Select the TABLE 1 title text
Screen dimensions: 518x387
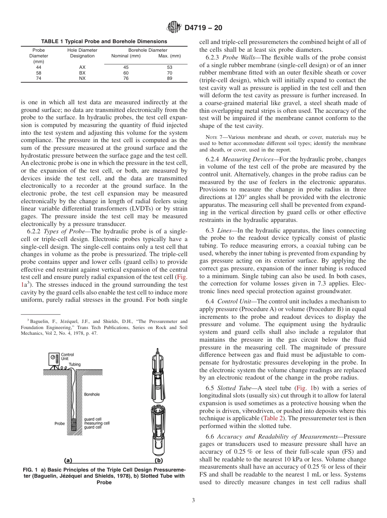[104, 42]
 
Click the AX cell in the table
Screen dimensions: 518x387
[82, 67]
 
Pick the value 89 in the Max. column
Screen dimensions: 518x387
[169, 79]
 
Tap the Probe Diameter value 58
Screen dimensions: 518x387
[39, 73]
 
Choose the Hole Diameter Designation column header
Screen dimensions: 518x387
[82, 53]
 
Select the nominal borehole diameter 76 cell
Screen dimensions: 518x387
[125, 79]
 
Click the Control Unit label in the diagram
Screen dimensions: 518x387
[67, 357]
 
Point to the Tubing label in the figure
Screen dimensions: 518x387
[75, 364]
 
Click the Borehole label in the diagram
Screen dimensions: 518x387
[92, 394]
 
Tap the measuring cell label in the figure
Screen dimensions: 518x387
[97, 423]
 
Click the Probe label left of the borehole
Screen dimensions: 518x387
[59, 424]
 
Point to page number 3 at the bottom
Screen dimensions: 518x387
[193, 500]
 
